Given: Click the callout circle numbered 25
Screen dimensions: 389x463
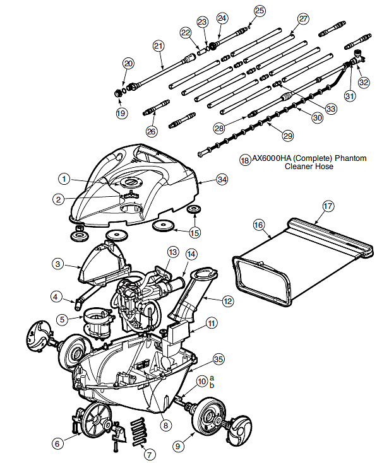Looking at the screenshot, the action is [260, 11].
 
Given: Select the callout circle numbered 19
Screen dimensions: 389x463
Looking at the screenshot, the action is [121, 113].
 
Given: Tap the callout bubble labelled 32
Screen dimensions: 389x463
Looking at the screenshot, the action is [364, 82].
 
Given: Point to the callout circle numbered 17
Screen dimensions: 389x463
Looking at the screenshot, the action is [328, 206].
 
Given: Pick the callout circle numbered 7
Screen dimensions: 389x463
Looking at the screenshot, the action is [149, 454].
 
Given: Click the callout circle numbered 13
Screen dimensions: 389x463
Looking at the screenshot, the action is [173, 252].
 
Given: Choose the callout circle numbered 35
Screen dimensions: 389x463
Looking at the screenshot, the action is [218, 360].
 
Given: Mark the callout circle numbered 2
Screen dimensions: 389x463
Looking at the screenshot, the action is [59, 199].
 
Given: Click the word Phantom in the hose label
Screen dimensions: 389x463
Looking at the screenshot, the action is [350, 158].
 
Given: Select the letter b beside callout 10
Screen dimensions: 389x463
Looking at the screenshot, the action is [212, 385].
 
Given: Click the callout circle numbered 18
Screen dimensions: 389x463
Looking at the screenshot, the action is [245, 160].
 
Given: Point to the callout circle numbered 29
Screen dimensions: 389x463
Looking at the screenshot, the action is [287, 136].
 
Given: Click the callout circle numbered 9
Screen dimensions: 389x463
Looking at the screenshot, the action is [177, 445].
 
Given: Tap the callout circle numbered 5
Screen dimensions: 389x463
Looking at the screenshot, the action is [62, 319].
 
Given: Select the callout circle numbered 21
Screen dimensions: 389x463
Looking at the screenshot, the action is [159, 46].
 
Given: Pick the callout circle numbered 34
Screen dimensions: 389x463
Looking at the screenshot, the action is [222, 179].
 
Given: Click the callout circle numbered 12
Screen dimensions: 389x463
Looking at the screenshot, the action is [227, 301].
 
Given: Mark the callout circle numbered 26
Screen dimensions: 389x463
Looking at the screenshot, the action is [152, 131].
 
